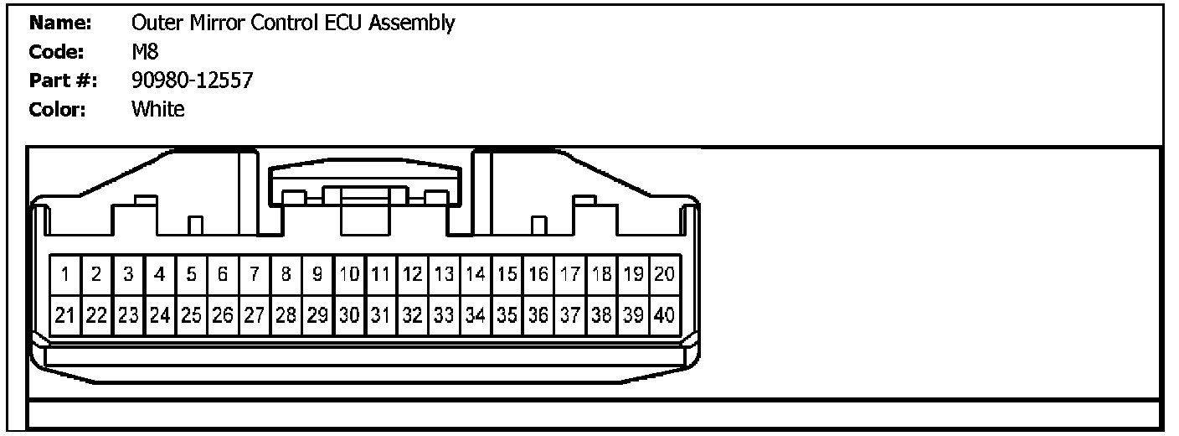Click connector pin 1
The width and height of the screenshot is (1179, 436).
coord(65,274)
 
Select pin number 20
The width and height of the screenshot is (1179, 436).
coord(665,274)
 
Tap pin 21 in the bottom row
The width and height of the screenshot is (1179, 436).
coord(65,316)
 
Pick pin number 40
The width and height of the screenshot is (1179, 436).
coord(665,316)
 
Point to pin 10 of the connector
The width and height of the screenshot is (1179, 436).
coord(350,274)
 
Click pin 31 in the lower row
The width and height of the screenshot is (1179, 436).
coord(381,316)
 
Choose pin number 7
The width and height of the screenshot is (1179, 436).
coord(255,274)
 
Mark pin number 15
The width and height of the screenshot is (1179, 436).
coord(507,274)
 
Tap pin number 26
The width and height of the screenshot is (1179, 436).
coord(223,316)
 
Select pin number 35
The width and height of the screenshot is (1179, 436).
coord(507,316)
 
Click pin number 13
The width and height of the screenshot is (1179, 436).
coord(445,274)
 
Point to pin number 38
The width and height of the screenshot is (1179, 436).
coord(602,316)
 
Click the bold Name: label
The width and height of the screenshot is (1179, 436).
coord(59,23)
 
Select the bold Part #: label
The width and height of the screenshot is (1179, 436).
coord(64,81)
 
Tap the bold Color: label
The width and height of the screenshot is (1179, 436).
coord(59,110)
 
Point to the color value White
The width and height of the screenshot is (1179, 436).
coord(157,110)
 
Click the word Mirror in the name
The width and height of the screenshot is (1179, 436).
coord(215,23)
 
